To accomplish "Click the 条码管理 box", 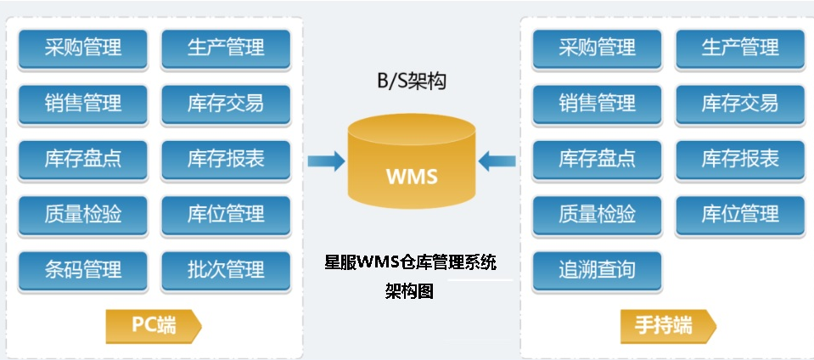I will click(83, 270).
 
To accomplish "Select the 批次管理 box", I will click(226, 270).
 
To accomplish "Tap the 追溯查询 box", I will click(597, 270).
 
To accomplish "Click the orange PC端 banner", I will click(153, 326).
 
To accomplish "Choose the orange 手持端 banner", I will click(666, 326).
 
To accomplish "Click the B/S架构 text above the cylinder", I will click(412, 82).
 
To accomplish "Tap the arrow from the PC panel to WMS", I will click(325, 160).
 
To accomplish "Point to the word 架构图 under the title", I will click(409, 291).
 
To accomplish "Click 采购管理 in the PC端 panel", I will click(83, 48).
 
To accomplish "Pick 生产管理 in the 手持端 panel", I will click(739, 48).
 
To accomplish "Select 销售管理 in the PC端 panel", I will click(83, 104).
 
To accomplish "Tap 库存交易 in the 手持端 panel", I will click(739, 104).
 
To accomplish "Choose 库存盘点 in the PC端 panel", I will click(83, 159).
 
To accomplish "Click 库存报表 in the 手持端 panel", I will click(739, 159).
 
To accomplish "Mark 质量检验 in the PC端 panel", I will click(83, 214).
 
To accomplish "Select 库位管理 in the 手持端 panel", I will click(739, 214).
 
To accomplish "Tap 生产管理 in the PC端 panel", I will click(226, 48).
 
